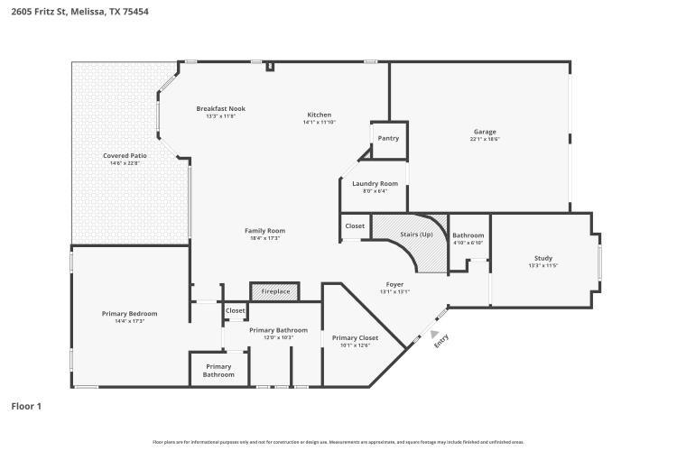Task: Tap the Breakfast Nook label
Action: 220,108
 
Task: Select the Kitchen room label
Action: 319,115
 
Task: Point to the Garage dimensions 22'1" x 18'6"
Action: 484,139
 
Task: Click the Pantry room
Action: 388,138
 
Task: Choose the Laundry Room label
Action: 374,183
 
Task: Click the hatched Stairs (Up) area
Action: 417,235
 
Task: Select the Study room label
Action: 543,258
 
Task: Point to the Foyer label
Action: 394,284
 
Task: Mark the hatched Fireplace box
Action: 275,291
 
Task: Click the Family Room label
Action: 264,231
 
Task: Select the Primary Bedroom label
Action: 129,313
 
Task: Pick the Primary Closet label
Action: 354,337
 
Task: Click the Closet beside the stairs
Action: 355,226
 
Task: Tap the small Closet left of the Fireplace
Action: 235,310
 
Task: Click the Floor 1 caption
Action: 26,407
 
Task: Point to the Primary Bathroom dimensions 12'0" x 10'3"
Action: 278,337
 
